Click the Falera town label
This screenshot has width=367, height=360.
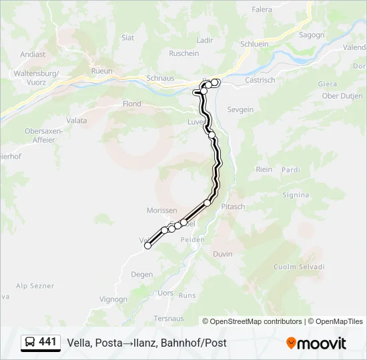(x=262, y=10)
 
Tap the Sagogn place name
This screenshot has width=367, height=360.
(x=311, y=35)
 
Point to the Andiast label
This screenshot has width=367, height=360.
(x=33, y=55)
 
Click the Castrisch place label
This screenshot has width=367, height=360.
(x=260, y=80)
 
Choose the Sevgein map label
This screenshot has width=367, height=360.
(x=240, y=109)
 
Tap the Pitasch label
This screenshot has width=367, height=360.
(x=234, y=207)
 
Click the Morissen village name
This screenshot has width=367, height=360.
(x=161, y=210)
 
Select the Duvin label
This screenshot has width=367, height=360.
(x=222, y=254)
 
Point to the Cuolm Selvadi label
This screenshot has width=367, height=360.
(x=298, y=267)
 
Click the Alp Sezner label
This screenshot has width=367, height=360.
(x=35, y=286)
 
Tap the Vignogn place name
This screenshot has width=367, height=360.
(x=113, y=299)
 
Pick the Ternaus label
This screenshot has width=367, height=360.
(x=169, y=319)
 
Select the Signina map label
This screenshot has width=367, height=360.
(x=296, y=195)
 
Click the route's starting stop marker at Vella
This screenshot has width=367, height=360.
(x=148, y=245)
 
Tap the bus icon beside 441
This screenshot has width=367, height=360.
(x=30, y=343)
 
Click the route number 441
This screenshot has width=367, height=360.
(x=47, y=342)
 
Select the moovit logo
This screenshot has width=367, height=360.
(x=316, y=343)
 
